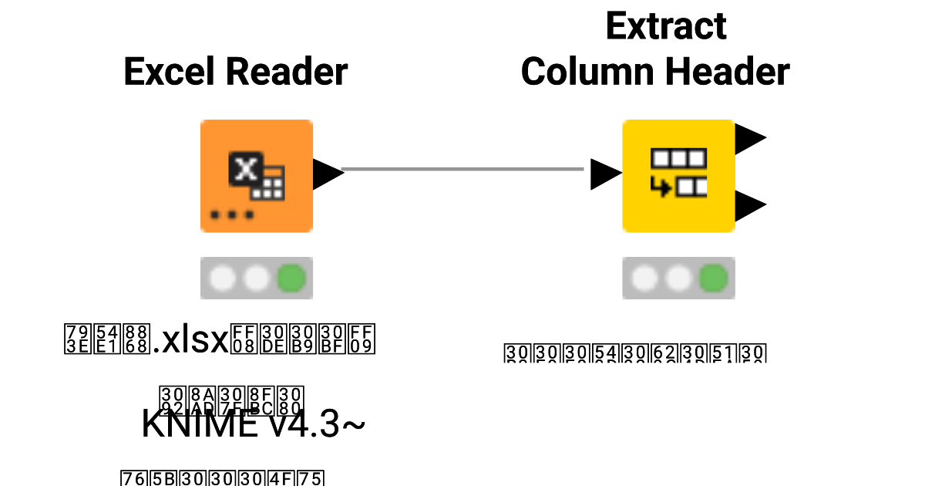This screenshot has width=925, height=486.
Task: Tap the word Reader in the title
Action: pyautogui.click(x=286, y=73)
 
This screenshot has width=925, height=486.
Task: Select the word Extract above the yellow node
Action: pyautogui.click(x=666, y=26)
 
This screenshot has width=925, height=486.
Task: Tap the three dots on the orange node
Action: pyautogui.click(x=232, y=214)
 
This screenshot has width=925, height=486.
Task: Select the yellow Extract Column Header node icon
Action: pyautogui.click(x=678, y=176)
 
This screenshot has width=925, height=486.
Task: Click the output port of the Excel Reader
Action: pyautogui.click(x=328, y=174)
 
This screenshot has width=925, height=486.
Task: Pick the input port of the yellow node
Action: pyautogui.click(x=605, y=174)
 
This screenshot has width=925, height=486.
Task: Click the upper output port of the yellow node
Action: pyautogui.click(x=750, y=139)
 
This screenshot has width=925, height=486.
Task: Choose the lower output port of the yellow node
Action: pyautogui.click(x=750, y=206)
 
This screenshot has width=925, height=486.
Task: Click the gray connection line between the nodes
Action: pyautogui.click(x=462, y=169)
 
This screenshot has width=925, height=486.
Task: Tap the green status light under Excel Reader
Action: pyautogui.click(x=291, y=278)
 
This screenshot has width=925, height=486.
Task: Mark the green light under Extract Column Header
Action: pyautogui.click(x=714, y=278)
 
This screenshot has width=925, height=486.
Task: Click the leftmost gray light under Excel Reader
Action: pyautogui.click(x=222, y=278)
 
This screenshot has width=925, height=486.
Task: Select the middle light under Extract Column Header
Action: pyautogui.click(x=679, y=278)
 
